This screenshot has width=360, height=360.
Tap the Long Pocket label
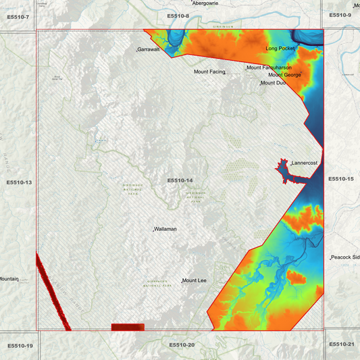pyautogui.click(x=281, y=49)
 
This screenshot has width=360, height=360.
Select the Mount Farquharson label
pyautogui.click(x=269, y=68)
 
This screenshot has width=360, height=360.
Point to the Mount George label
pyautogui.click(x=284, y=75)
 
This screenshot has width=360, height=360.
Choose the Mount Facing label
pyautogui.click(x=209, y=72)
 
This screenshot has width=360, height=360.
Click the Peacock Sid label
pyautogui.click(x=345, y=258)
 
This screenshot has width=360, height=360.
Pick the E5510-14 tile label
pyautogui.click(x=180, y=180)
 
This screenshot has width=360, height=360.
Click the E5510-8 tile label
pyautogui.click(x=178, y=16)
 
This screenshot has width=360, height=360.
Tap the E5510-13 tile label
pyautogui.click(x=19, y=182)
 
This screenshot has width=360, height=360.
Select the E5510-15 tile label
pyautogui.click(x=340, y=179)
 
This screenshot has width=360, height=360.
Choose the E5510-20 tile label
pyautogui.click(x=182, y=345)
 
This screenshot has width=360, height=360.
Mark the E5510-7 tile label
pyautogui.click(x=18, y=16)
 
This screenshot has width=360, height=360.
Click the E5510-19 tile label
pyautogui.click(x=20, y=346)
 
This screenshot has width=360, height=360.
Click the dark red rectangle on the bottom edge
pyautogui.click(x=128, y=328)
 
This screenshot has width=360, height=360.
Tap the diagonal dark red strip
pyautogui.click(x=53, y=292)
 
